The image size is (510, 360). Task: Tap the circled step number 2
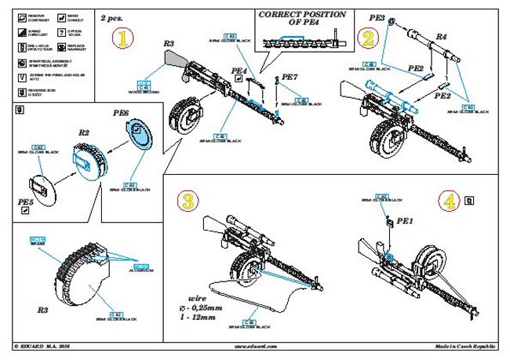click(x=366, y=37)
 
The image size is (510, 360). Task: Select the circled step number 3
click(x=188, y=200)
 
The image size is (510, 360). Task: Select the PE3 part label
click(x=376, y=16)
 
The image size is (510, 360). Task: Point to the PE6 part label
click(x=121, y=113)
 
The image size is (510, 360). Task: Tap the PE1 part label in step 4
click(x=405, y=222)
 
